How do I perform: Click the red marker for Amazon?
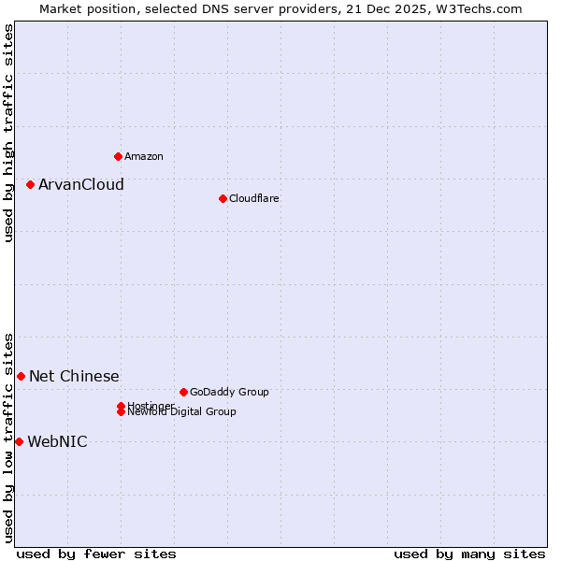(118, 156)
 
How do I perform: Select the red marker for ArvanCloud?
(30, 185)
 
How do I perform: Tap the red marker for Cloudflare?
(223, 198)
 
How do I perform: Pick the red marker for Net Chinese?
(21, 376)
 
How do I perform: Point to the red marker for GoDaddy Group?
(183, 392)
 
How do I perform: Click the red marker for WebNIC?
(19, 441)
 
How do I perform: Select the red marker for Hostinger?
(122, 406)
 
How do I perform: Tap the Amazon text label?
(144, 156)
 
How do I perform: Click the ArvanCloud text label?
(80, 185)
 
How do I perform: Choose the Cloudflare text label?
(253, 198)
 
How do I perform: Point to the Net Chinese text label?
(74, 377)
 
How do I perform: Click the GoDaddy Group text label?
(229, 392)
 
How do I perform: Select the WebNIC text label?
(57, 442)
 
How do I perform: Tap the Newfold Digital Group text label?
(182, 412)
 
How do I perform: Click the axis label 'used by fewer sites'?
(96, 554)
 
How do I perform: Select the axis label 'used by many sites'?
(469, 554)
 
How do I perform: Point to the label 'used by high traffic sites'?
(9, 133)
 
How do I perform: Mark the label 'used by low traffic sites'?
(9, 437)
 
